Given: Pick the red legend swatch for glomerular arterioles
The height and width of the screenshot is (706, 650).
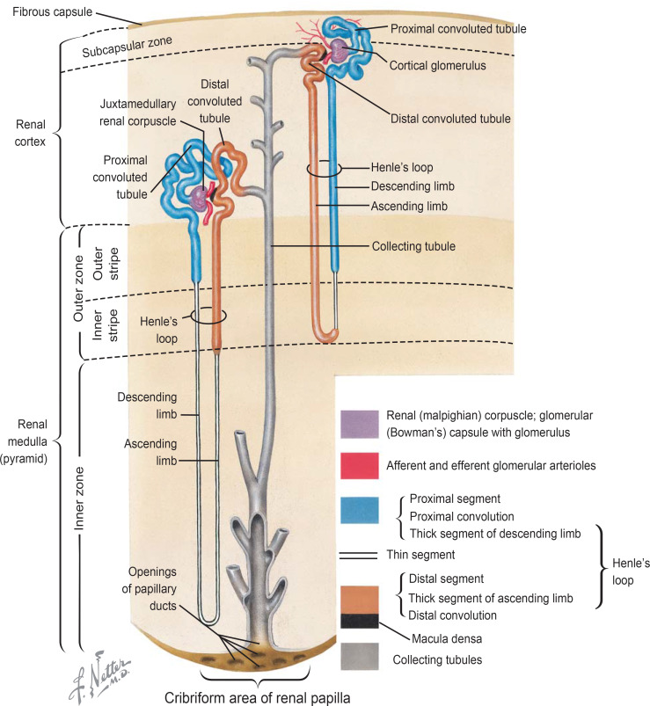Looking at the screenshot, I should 359,466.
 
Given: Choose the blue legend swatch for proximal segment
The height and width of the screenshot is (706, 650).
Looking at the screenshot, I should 359,509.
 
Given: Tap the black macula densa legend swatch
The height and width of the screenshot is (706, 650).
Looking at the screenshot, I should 359,620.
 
